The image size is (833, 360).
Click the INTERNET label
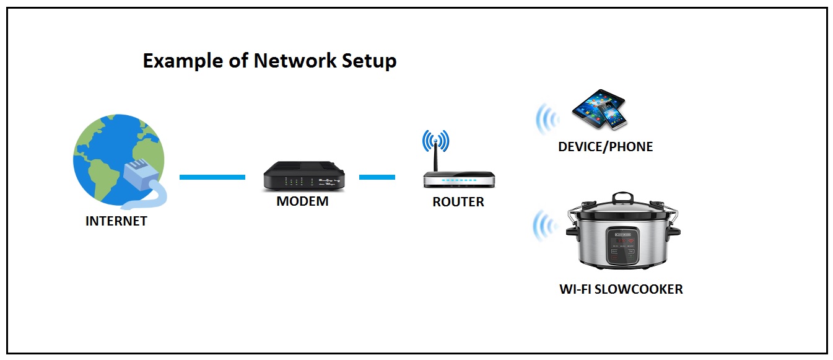pyautogui.click(x=116, y=221)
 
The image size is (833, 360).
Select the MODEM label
pyautogui.click(x=302, y=201)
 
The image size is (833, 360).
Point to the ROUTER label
pyautogui.click(x=458, y=202)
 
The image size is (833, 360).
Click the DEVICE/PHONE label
pyautogui.click(x=605, y=147)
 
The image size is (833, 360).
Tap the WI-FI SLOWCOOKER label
pyautogui.click(x=621, y=289)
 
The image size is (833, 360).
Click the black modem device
pyautogui.click(x=302, y=176)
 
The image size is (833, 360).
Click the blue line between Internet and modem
pyautogui.click(x=212, y=177)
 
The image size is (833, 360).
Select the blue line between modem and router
pyautogui.click(x=377, y=177)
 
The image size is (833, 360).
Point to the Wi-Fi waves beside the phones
pyautogui.click(x=546, y=118)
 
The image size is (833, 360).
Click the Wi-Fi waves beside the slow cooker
pyautogui.click(x=544, y=227)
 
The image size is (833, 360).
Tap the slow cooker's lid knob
pyautogui.click(x=622, y=198)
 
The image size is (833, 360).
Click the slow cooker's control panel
pyautogui.click(x=622, y=245)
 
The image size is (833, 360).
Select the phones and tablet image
pyautogui.click(x=600, y=110)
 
